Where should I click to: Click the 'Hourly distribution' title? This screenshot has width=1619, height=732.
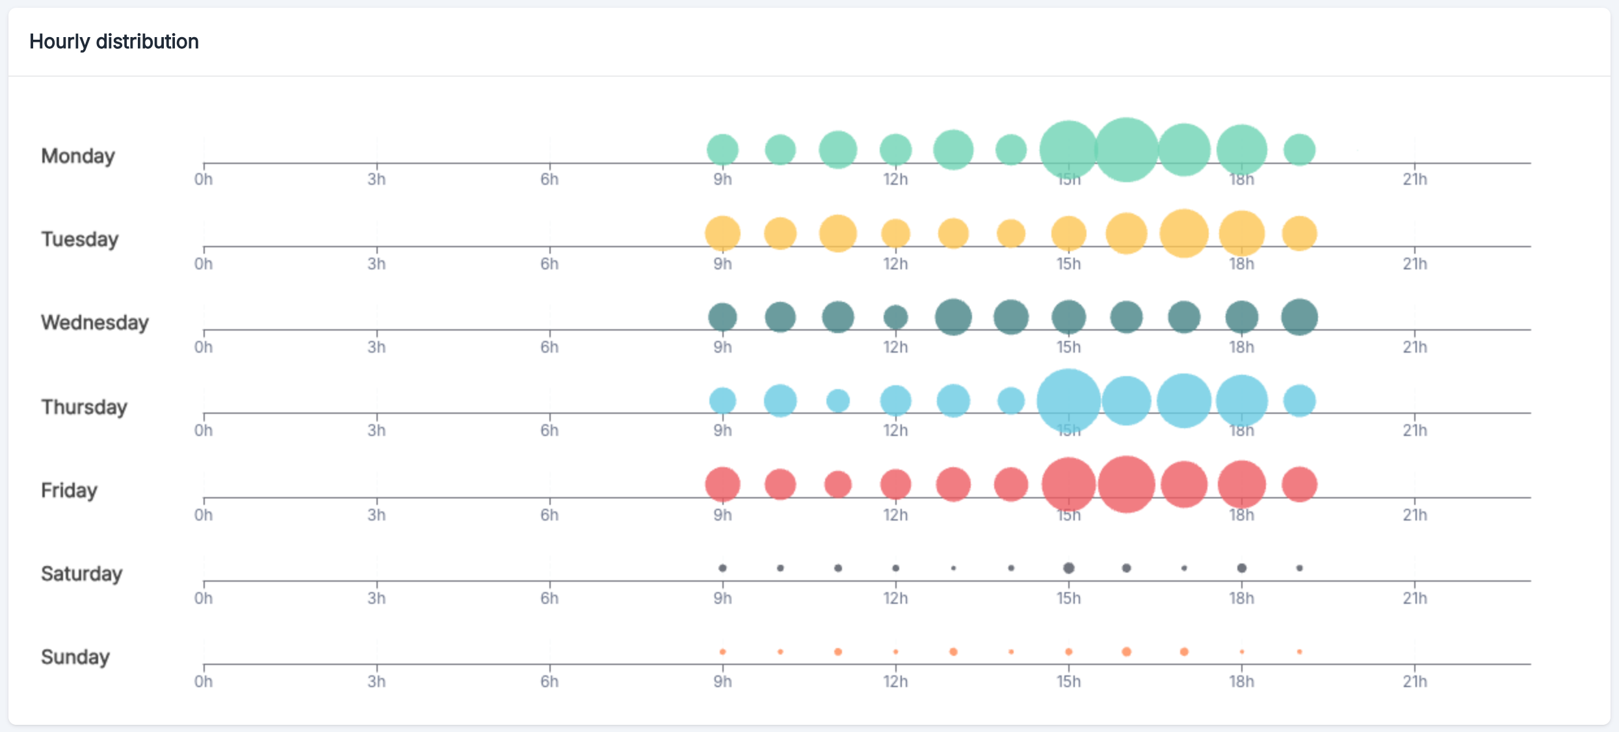114,42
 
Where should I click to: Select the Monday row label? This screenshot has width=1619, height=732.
78,156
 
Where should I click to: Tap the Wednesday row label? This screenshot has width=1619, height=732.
95,323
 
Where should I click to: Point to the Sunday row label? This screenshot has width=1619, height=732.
75,657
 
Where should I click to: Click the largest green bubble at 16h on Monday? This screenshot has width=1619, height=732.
1126,150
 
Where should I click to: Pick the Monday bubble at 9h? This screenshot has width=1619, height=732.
722,150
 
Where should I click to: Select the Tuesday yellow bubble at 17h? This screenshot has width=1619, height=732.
1184,234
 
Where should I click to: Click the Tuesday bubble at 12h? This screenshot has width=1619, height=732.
895,234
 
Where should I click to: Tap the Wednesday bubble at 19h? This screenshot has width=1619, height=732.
1299,318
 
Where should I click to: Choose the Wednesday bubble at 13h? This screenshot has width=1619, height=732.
953,318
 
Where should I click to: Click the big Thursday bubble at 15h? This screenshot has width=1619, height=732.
1068,401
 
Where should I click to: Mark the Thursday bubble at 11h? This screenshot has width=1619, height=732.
838,401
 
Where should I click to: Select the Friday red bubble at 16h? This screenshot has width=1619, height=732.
1126,485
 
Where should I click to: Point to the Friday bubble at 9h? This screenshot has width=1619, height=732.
722,485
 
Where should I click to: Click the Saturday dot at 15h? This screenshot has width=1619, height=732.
1068,568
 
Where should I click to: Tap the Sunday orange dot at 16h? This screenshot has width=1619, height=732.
1126,652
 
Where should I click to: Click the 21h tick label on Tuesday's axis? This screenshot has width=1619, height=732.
1415,264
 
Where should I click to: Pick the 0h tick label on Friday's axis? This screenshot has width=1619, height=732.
204,515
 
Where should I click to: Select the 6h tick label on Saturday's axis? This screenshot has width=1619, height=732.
549,599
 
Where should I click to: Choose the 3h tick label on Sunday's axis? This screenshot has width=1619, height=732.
376,682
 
